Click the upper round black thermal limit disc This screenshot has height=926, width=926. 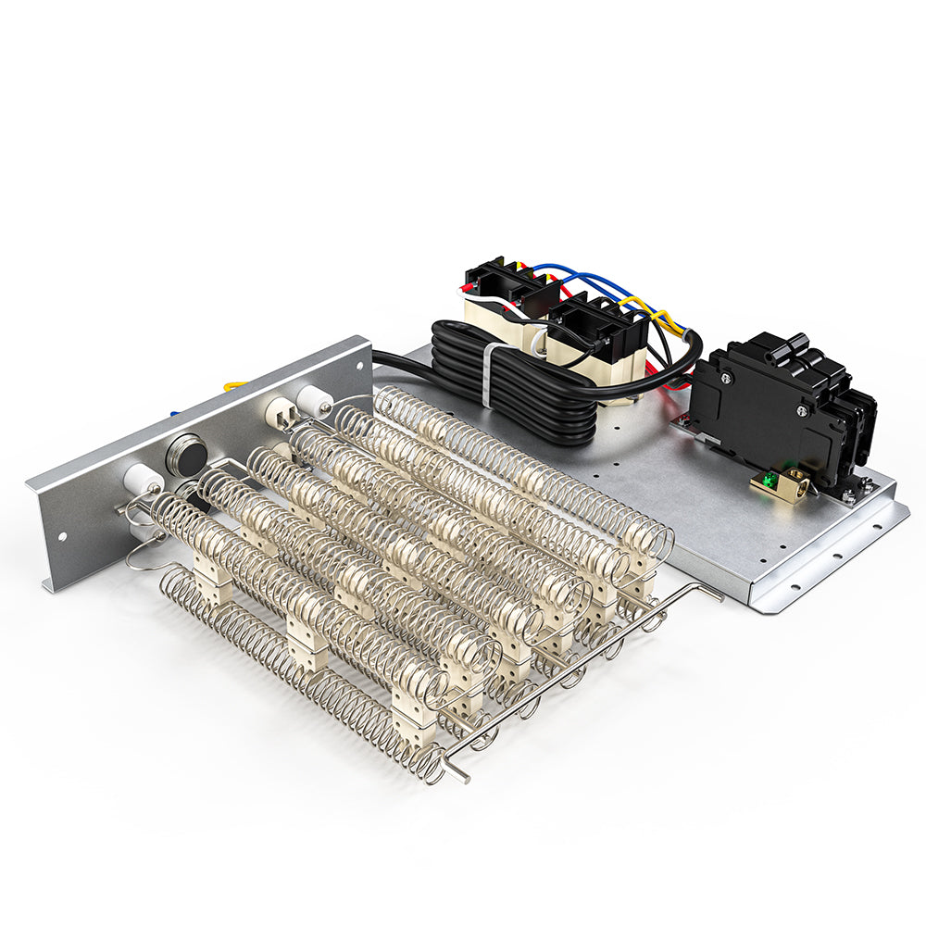coord(186,453)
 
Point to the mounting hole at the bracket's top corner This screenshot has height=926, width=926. coord(356,357)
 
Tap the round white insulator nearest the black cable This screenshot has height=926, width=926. coord(316,400)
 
